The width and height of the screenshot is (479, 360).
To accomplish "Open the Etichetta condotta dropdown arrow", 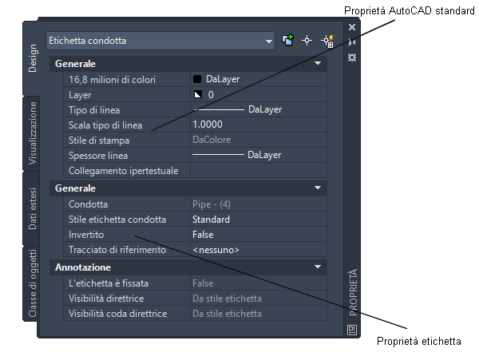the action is [x=268, y=42].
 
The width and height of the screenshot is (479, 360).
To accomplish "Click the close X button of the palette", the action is [x=352, y=27].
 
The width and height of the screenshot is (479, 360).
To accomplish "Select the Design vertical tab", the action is [x=33, y=58].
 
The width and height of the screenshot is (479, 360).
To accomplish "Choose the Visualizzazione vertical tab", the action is [x=33, y=133].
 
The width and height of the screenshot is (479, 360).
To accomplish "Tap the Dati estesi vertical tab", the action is [x=33, y=208].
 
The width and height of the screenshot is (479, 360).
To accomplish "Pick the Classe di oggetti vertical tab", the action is [x=33, y=283].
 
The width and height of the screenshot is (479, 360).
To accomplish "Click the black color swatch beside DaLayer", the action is [x=197, y=79].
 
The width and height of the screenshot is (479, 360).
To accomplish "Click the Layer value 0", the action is [x=211, y=95].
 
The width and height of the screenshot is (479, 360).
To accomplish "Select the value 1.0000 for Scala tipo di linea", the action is [x=208, y=125].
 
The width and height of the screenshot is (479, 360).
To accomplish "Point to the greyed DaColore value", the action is [x=212, y=140].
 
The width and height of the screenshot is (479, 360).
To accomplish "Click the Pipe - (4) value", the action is [x=212, y=204].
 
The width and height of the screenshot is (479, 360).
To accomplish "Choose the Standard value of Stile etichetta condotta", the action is [x=211, y=220].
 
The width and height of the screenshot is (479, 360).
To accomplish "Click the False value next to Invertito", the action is [x=203, y=235].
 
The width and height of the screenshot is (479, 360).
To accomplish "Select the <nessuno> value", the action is [x=216, y=250].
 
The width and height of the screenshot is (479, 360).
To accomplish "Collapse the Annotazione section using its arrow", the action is [x=318, y=267].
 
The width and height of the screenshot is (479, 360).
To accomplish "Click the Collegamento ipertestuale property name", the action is [x=123, y=171].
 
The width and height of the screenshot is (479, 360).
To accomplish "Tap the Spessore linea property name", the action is [x=98, y=156].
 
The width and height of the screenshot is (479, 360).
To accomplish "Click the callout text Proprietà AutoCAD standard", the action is [x=409, y=11].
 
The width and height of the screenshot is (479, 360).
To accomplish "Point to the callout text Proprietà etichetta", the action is [x=419, y=341].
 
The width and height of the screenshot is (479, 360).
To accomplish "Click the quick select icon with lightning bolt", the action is [x=327, y=41].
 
